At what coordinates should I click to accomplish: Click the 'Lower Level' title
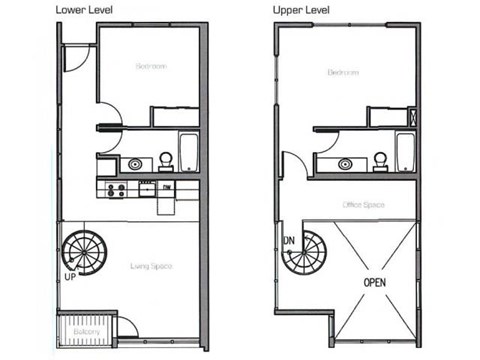[29, 8]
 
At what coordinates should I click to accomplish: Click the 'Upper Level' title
[301, 8]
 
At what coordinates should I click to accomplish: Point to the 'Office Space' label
[364, 204]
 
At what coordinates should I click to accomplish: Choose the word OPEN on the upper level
[374, 281]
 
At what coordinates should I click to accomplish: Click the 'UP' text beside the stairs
[69, 275]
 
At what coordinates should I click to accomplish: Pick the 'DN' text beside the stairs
[288, 241]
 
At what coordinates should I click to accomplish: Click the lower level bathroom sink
[134, 161]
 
